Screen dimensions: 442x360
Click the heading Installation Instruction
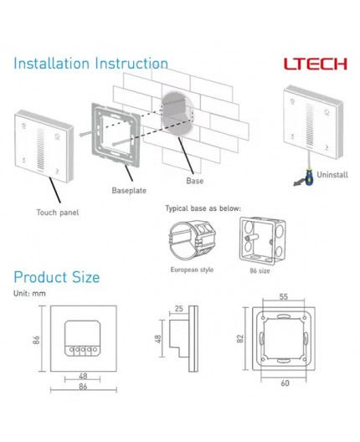tap(90, 64)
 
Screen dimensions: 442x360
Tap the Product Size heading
tap(56, 277)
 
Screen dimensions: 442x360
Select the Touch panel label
tap(57, 213)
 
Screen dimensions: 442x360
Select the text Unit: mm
tap(28, 293)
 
